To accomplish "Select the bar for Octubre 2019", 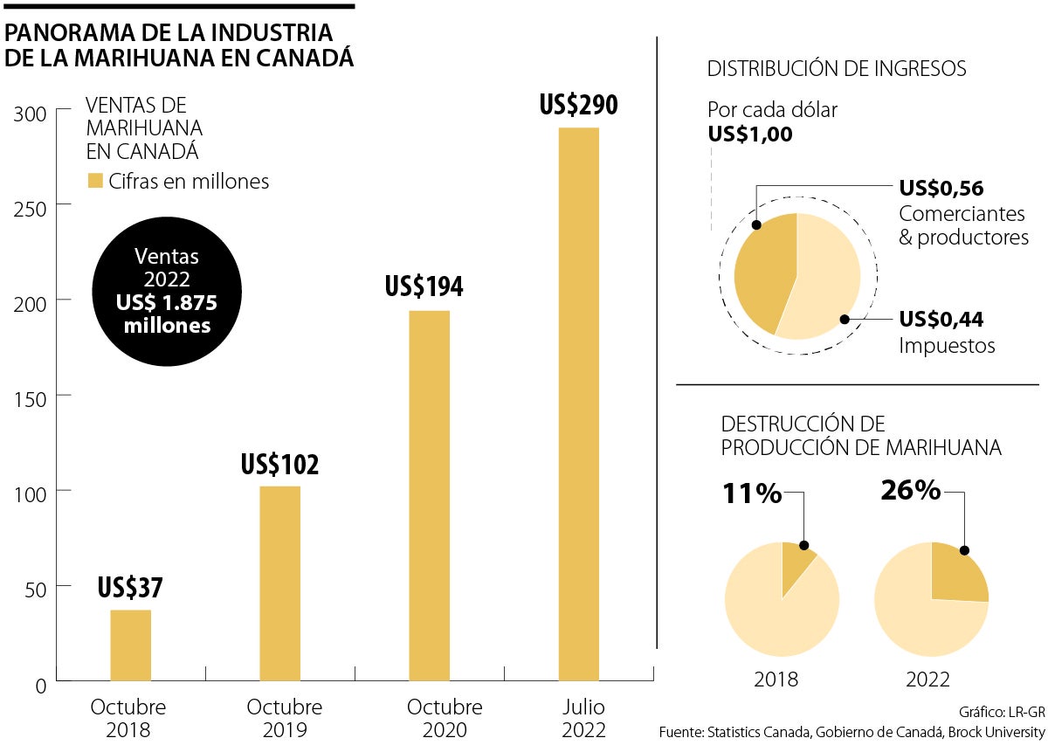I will pyautogui.click(x=279, y=583).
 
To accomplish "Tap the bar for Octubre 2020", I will pyautogui.click(x=430, y=495).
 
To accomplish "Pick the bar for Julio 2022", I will pyautogui.click(x=579, y=404).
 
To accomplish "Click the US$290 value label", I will pyautogui.click(x=578, y=106).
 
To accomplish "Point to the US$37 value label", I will pyautogui.click(x=130, y=587).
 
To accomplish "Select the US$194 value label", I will pyautogui.click(x=424, y=287).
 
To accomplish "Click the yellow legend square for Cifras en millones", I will pyautogui.click(x=94, y=182).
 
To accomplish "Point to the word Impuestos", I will pyautogui.click(x=947, y=346).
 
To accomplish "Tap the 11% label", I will pyautogui.click(x=751, y=494).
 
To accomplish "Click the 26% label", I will pyautogui.click(x=910, y=491).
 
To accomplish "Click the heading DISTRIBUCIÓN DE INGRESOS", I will pyautogui.click(x=837, y=69).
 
